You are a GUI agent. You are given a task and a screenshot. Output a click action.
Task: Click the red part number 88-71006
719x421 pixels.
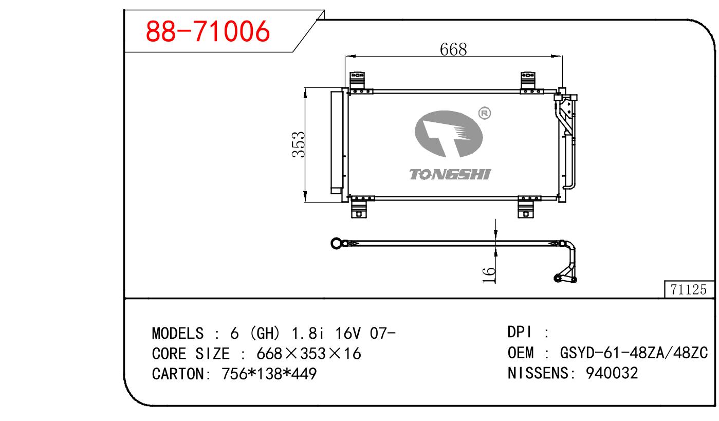208,31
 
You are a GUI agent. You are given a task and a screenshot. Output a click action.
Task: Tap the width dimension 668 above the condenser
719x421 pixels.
453,50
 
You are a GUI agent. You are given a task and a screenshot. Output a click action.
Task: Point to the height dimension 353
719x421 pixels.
299,144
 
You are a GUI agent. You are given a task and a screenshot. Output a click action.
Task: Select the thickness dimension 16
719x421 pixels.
489,275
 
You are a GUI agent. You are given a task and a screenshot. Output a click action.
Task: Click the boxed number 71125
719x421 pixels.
688,289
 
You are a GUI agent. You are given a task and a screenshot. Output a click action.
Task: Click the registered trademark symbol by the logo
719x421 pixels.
484,114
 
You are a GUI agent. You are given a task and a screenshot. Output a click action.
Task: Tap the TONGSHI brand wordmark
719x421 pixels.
450,175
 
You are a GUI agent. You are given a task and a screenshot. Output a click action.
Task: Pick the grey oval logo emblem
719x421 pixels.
449,134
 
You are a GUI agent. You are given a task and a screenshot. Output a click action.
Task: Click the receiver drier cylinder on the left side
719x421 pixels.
337,142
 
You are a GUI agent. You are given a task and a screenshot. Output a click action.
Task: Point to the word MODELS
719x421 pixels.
178,333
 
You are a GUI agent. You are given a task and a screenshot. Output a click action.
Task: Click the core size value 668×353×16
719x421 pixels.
309,354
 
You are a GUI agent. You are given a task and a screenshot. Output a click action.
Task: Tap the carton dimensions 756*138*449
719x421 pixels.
269,374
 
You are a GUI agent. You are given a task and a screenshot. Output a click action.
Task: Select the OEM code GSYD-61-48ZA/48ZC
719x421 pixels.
634,353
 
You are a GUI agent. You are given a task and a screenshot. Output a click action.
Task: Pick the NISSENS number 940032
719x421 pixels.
612,373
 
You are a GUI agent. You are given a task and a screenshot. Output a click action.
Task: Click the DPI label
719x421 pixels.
520,332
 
